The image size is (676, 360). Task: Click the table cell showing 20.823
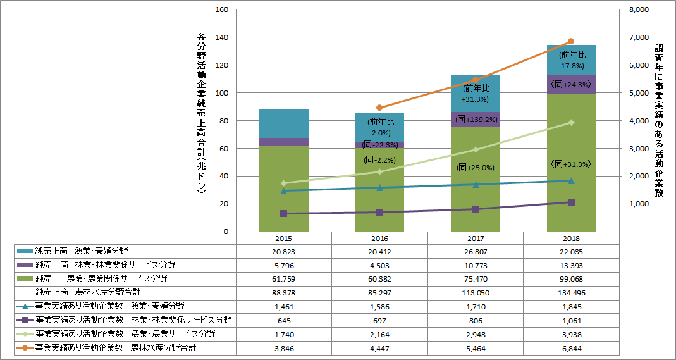pos(283,251)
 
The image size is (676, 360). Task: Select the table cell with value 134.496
pos(570,292)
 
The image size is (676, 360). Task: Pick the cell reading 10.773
pos(475,265)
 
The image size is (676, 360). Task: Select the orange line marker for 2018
pos(571,41)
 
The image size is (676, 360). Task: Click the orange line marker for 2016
pos(379,108)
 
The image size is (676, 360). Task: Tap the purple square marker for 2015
pos(283,214)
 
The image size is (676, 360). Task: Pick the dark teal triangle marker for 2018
pos(571,180)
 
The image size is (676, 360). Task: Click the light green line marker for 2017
pos(475,150)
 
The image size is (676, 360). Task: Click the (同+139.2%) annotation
pos(476,118)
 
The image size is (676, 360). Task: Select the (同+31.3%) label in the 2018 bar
pos(570,164)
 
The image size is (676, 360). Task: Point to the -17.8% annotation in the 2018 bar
pos(570,65)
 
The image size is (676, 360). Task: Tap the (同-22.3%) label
pos(379,145)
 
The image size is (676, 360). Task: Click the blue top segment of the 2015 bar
pos(283,123)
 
